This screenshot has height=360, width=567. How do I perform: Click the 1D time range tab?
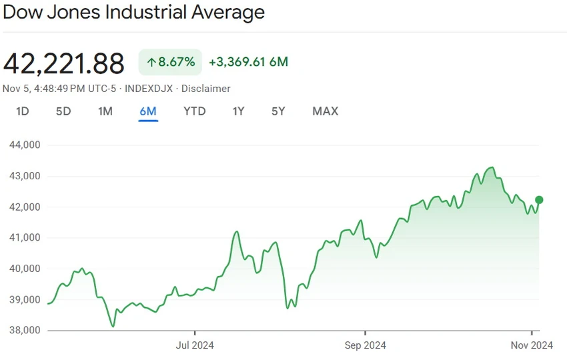(23, 111)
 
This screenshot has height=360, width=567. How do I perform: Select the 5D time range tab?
(63, 111)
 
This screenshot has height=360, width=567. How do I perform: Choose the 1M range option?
(105, 111)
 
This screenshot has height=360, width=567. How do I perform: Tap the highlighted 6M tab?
(148, 111)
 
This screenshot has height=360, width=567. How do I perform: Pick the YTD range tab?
(195, 111)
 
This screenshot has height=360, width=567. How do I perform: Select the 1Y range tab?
(238, 111)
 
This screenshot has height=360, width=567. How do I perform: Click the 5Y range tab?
(278, 111)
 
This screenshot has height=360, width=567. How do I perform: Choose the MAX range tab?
(326, 111)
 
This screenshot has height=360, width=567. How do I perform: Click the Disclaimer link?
(205, 89)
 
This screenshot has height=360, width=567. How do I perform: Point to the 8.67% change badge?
(170, 62)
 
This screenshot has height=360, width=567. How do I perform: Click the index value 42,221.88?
(63, 63)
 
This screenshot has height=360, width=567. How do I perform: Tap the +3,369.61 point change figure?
(237, 62)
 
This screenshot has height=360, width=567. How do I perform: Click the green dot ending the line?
(539, 200)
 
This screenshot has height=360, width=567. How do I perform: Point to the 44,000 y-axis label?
(25, 145)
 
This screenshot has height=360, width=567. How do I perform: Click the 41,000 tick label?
(25, 237)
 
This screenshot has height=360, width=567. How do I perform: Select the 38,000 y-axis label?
(25, 330)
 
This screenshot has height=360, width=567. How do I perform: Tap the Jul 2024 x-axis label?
(195, 345)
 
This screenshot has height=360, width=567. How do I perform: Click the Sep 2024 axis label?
(366, 345)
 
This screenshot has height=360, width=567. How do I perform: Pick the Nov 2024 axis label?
(532, 345)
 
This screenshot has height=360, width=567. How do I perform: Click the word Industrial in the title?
(145, 12)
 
